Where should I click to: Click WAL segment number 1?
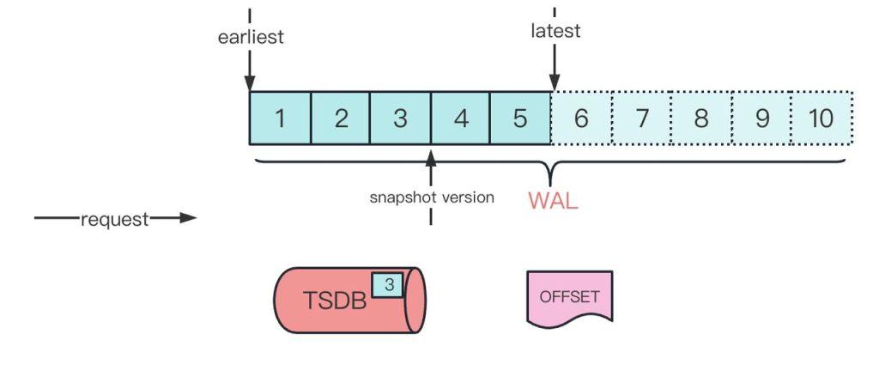pos(279,118)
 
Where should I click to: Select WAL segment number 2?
pos(340,118)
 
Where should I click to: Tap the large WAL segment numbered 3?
pos(400,118)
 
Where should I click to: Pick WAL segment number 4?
pos(460,118)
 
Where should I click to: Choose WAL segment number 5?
pos(520,118)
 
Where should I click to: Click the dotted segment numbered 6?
pos(581,118)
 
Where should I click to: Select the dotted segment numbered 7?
pos(641,118)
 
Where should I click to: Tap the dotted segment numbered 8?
pos(701,118)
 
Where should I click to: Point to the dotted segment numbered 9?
pos(761,118)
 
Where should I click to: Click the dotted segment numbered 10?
pos(821,118)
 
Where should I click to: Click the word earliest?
pos(251,37)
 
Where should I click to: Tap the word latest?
pos(555,31)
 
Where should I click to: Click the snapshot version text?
pos(432,198)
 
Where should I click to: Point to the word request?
pos(114,219)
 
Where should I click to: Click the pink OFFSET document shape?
pos(569,296)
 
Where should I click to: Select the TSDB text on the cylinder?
pos(335,301)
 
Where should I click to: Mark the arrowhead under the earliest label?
pos(250,83)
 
